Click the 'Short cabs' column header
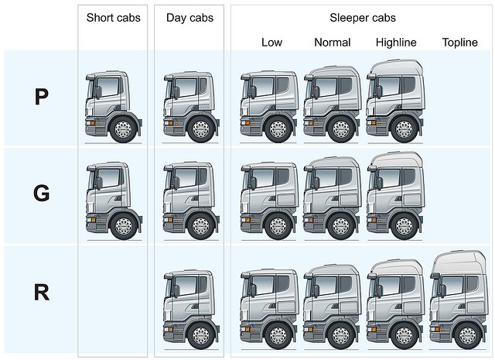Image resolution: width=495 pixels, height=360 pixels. pyautogui.click(x=114, y=17)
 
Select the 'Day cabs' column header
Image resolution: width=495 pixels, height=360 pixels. pyautogui.click(x=189, y=17)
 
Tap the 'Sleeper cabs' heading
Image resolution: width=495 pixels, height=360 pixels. pyautogui.click(x=363, y=17)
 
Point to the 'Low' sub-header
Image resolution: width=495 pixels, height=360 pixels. pyautogui.click(x=271, y=43)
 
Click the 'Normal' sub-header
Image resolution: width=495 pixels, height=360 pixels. pyautogui.click(x=333, y=43)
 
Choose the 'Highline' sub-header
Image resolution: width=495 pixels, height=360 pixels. pyautogui.click(x=396, y=43)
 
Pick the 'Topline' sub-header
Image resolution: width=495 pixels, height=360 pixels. pyautogui.click(x=460, y=43)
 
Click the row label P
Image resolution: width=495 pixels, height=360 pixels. pyautogui.click(x=42, y=97)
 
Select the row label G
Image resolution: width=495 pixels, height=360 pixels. pyautogui.click(x=42, y=194)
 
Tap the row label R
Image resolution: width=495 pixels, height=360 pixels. pyautogui.click(x=42, y=292)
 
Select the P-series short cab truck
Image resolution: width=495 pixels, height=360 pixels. pyautogui.click(x=113, y=106)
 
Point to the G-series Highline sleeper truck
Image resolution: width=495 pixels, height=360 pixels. pyautogui.click(x=394, y=197)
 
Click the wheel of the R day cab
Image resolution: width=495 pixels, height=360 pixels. pyautogui.click(x=201, y=336)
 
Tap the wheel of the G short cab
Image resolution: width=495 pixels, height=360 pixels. pyautogui.click(x=124, y=226)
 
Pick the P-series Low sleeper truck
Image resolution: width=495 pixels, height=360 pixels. pyautogui.click(x=269, y=106)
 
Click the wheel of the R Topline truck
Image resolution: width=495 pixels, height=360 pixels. pyautogui.click(x=467, y=336)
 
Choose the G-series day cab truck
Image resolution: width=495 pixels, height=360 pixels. pyautogui.click(x=190, y=201)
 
